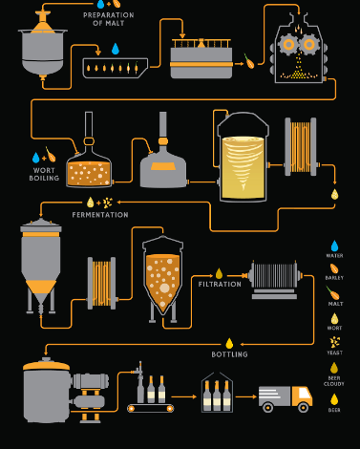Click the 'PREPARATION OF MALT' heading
[x=108, y=19]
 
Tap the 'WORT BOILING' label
[x=44, y=174]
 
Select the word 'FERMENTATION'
[x=100, y=215]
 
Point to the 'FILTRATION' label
[x=220, y=284]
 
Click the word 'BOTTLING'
[x=229, y=354]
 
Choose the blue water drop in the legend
[x=334, y=246]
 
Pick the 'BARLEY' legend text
[x=334, y=278]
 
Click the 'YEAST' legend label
[x=334, y=353]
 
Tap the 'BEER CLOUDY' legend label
[x=334, y=381]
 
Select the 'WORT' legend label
[x=334, y=328]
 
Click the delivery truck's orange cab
[x=302, y=396]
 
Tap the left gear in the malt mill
[x=288, y=45]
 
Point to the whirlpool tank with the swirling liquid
[x=243, y=158]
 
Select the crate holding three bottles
[x=217, y=393]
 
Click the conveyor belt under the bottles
[x=151, y=408]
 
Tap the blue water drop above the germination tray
[x=116, y=49]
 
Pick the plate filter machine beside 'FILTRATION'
[x=274, y=279]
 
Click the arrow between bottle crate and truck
[x=246, y=396]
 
